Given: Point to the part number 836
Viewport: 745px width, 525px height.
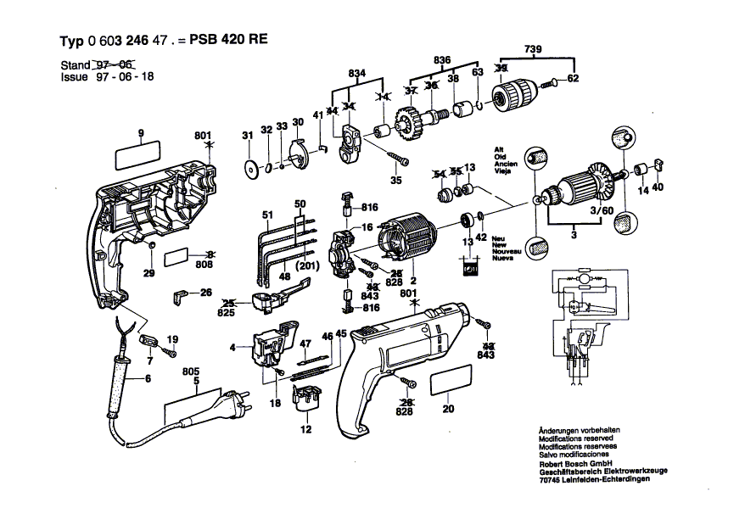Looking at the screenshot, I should pos(441,60).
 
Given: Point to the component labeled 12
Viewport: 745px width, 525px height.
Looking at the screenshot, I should pos(306,399).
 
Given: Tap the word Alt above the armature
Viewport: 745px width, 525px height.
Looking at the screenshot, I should pos(499,148).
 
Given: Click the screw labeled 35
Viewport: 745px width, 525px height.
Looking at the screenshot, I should pos(399,161).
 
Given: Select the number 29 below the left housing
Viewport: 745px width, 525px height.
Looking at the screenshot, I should pos(149,274).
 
